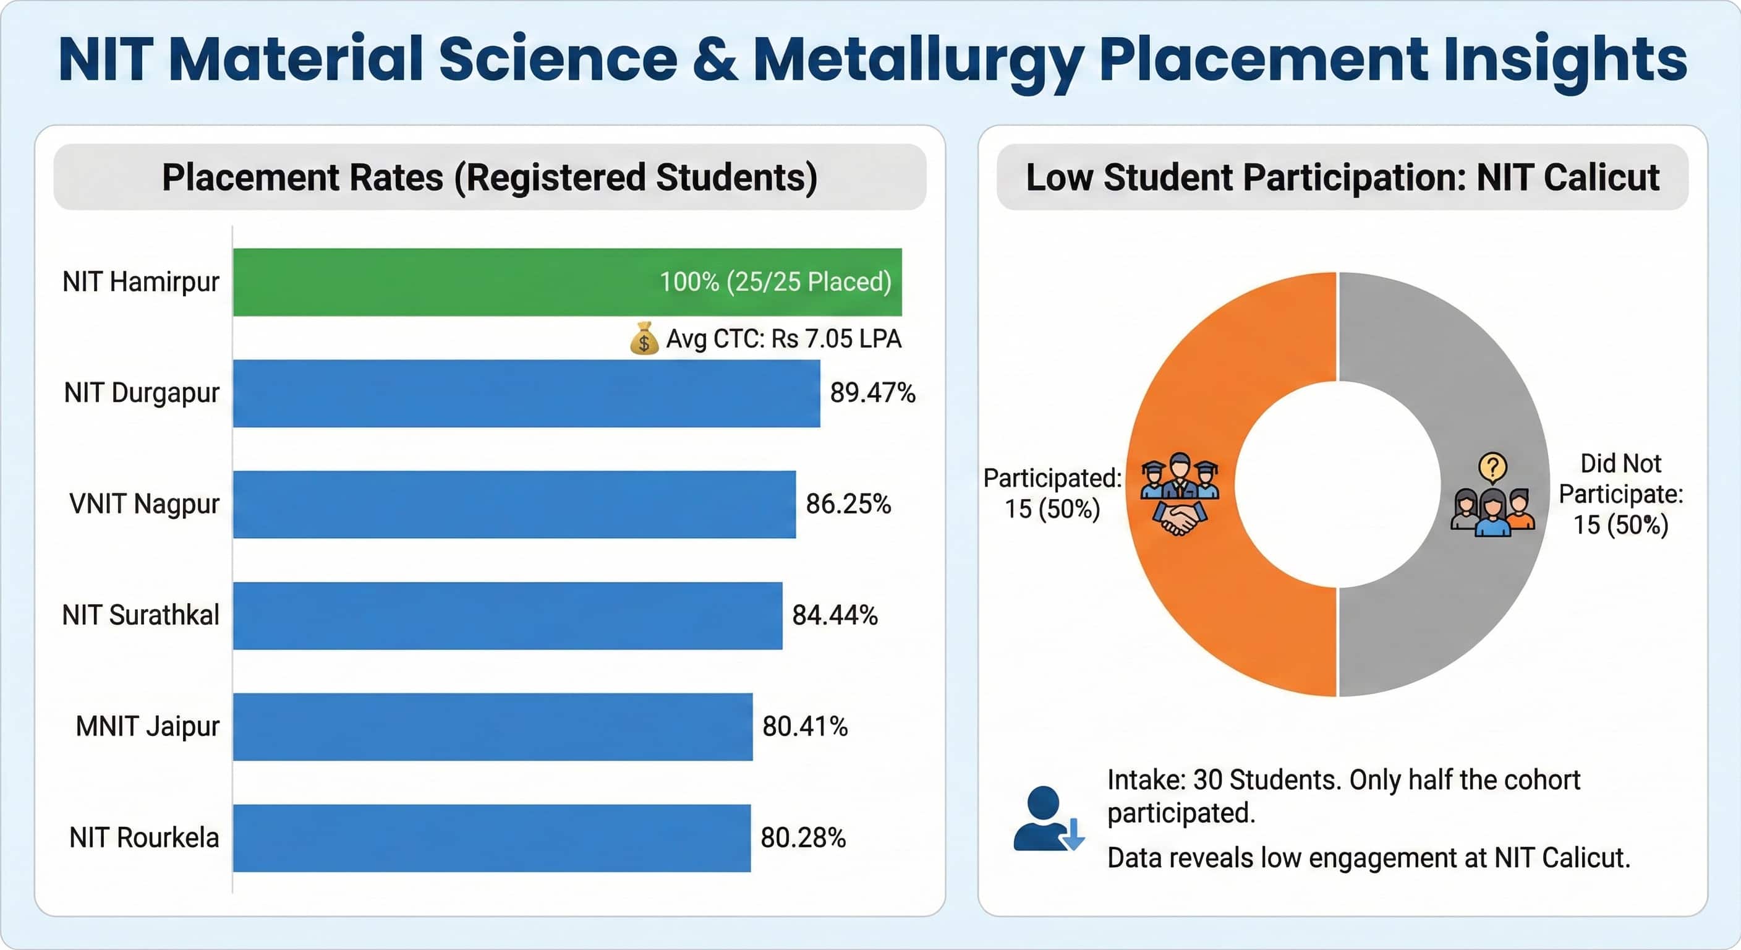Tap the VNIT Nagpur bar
coord(514,505)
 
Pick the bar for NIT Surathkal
coord(507,615)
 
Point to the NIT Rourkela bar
coord(492,838)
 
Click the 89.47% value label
coord(872,393)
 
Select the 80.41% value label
coord(805,727)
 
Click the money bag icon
coord(644,338)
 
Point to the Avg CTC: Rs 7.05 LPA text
coord(783,339)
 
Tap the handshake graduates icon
coord(1180,494)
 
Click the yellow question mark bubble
coord(1492,466)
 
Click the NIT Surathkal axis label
coord(140,615)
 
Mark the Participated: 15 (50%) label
coord(1052,494)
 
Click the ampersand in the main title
coord(714,59)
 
